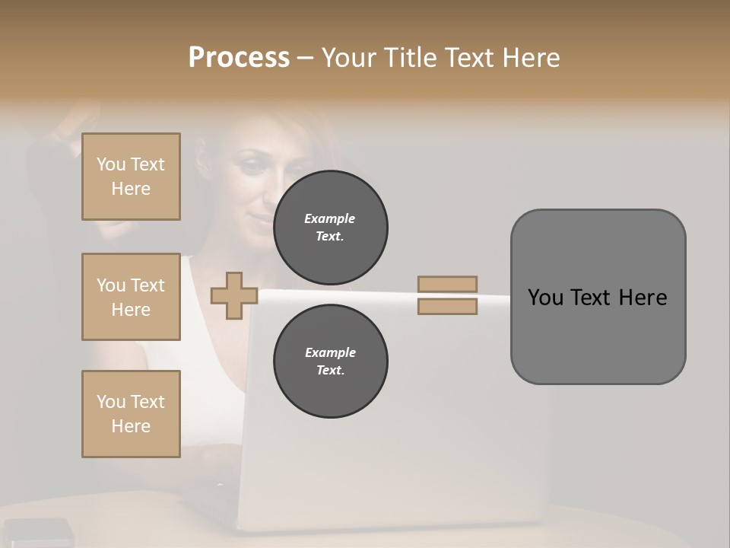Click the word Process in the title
click(239, 58)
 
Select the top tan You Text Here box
click(131, 177)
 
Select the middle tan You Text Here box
click(131, 297)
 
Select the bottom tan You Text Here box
click(131, 414)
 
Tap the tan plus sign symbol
click(234, 295)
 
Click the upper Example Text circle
click(330, 227)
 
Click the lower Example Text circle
click(330, 361)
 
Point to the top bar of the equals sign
click(447, 284)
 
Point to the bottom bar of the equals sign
click(447, 306)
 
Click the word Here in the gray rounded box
click(643, 298)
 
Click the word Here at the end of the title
click(532, 58)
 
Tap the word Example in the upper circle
click(330, 218)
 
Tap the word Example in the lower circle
click(330, 352)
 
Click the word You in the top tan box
click(111, 164)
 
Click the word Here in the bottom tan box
click(131, 426)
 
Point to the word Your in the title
click(350, 58)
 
